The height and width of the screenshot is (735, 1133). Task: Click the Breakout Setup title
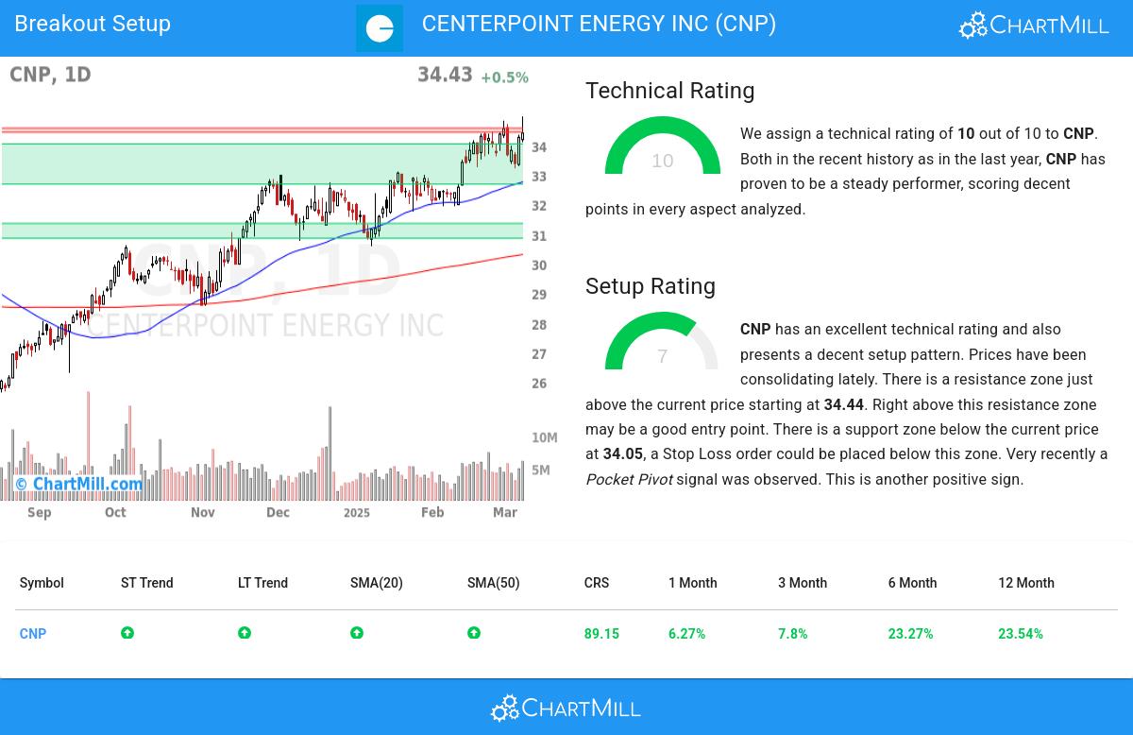[93, 24]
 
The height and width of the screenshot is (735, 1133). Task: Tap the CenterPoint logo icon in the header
[380, 28]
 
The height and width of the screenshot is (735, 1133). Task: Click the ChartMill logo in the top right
[1034, 26]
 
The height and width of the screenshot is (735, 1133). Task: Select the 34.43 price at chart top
[445, 75]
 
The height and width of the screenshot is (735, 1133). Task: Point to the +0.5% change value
[504, 77]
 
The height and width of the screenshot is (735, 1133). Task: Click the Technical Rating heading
[669, 91]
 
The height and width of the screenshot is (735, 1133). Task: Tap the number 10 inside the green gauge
[663, 161]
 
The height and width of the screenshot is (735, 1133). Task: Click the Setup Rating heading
[650, 286]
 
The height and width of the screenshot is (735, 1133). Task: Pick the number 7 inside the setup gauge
[663, 356]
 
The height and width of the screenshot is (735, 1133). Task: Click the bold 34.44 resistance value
[843, 404]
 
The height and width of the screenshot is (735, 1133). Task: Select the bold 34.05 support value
[622, 454]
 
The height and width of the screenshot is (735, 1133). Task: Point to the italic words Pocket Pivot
[629, 479]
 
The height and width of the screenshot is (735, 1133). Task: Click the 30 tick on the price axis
[539, 265]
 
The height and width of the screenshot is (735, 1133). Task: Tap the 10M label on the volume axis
[544, 438]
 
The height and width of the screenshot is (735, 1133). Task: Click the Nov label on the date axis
[203, 512]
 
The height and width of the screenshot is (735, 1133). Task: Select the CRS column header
[596, 583]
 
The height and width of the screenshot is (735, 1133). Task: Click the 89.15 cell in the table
[601, 634]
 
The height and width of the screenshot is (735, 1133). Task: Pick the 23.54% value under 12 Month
[1020, 634]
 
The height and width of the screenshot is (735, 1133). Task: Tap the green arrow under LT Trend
[245, 633]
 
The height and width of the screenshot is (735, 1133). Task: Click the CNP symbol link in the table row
[33, 634]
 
